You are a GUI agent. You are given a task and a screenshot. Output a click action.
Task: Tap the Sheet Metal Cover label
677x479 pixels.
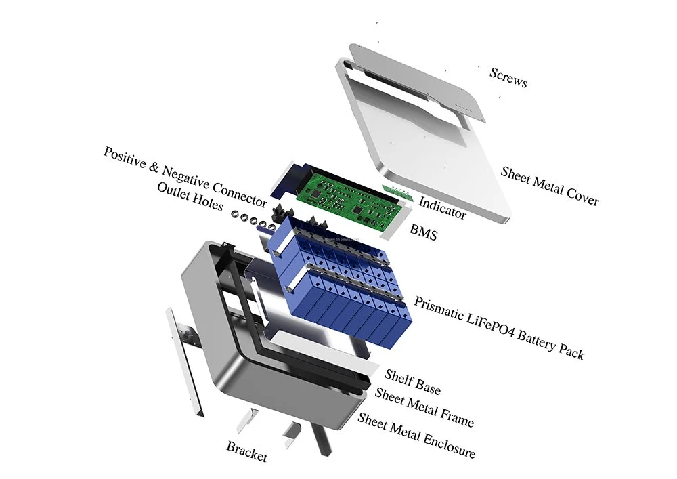pos(550,186)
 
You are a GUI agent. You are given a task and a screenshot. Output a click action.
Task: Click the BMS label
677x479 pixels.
pos(423,232)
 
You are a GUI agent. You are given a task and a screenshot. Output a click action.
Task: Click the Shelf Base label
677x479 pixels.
pos(413,382)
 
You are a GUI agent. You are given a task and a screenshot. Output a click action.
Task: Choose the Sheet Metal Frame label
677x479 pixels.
pos(424,407)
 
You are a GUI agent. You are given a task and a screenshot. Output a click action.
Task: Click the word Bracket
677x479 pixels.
pos(247,452)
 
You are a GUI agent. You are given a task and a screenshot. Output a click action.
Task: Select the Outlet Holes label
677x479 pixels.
pos(190,196)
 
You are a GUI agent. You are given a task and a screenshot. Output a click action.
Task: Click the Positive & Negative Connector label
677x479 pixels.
pos(185,177)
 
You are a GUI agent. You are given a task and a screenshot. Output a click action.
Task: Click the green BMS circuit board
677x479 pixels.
pos(355,201)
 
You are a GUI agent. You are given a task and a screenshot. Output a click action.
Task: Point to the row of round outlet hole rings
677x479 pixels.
pos(253,220)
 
